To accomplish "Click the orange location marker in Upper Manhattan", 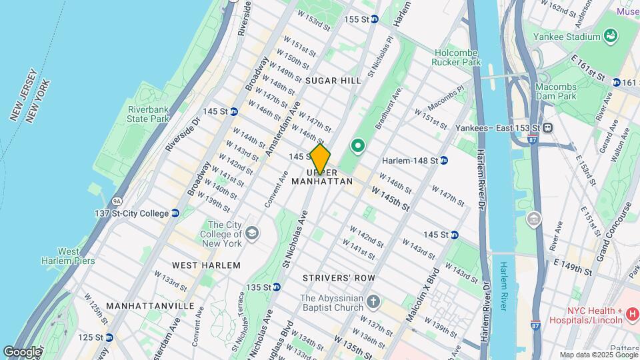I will pyautogui.click(x=320, y=159).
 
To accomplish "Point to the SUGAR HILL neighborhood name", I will pyautogui.click(x=333, y=81).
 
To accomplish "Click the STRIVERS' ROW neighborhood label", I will pyautogui.click(x=338, y=277).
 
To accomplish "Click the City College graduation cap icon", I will pyautogui.click(x=251, y=233).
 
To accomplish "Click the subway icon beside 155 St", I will pyautogui.click(x=375, y=19).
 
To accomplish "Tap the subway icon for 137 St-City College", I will pyautogui.click(x=175, y=213).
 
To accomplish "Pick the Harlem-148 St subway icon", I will pyautogui.click(x=443, y=161).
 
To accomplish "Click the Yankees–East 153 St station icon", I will pyautogui.click(x=547, y=128).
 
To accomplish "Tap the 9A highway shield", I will pyautogui.click(x=99, y=200).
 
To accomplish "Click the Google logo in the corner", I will pyautogui.click(x=22, y=351).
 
